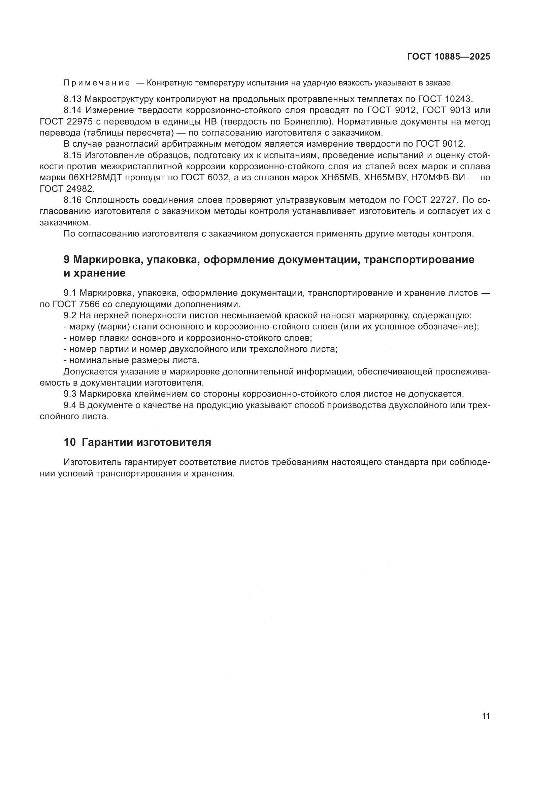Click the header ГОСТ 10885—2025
pos(448,57)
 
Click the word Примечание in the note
pos(97,83)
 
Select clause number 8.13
pos(72,99)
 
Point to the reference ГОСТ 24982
pos(67,189)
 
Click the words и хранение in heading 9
pos(95,274)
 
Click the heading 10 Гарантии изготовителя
pos(137,442)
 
